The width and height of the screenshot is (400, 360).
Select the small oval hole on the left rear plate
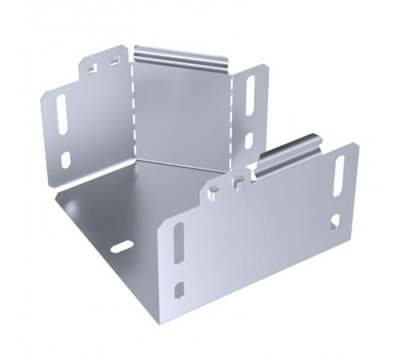point(66,159)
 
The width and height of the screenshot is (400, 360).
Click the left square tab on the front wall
point(214,190)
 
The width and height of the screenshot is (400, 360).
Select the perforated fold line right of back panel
point(231,120)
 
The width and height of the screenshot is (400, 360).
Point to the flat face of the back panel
point(180,112)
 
